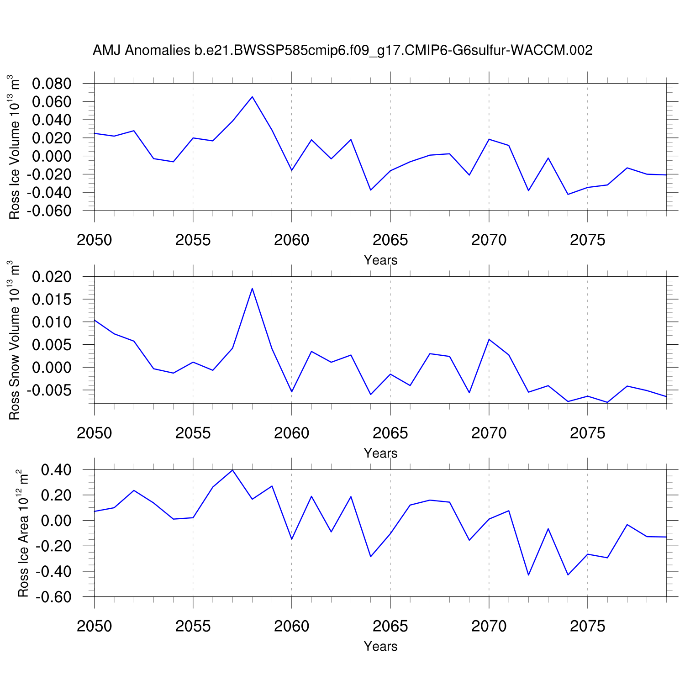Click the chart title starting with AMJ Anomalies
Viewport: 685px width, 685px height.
pyautogui.click(x=342, y=50)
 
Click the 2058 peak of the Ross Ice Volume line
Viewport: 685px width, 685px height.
pyautogui.click(x=252, y=97)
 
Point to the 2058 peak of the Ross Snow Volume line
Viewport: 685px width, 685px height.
pyautogui.click(x=252, y=288)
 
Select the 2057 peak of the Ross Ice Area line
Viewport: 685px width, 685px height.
pyautogui.click(x=232, y=470)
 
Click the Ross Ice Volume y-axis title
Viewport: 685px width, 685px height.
pyautogui.click(x=15, y=147)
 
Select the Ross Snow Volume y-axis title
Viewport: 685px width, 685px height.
pyautogui.click(x=15, y=340)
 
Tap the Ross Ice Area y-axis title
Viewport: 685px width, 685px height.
pyautogui.click(x=23, y=533)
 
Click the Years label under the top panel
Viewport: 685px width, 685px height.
pyautogui.click(x=380, y=260)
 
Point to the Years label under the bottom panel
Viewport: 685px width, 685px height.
pyautogui.click(x=380, y=647)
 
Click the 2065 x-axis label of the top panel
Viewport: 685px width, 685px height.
pyautogui.click(x=390, y=240)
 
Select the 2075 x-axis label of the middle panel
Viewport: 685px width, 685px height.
pyautogui.click(x=587, y=433)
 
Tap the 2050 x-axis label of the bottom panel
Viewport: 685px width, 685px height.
pyautogui.click(x=95, y=627)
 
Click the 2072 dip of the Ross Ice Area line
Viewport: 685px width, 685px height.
pyautogui.click(x=528, y=574)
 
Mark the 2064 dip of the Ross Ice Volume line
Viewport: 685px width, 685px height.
pyautogui.click(x=370, y=190)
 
